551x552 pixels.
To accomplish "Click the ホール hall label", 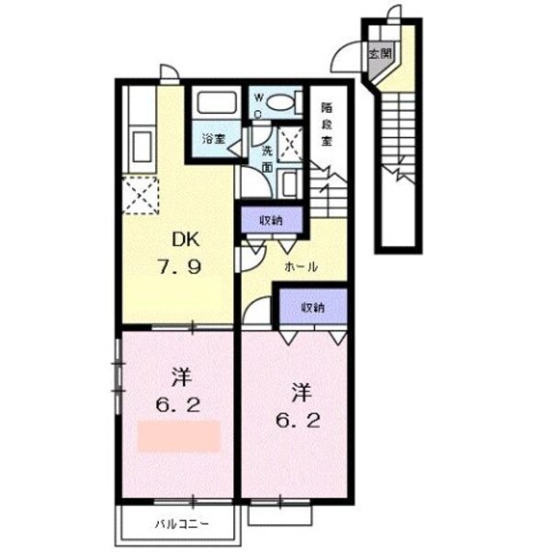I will [x=302, y=267].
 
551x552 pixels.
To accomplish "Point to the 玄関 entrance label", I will [x=379, y=53].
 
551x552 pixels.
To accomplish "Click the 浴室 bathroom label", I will [x=214, y=141].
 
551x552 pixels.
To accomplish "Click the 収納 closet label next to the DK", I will [x=270, y=220].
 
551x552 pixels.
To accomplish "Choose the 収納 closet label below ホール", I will [x=312, y=309].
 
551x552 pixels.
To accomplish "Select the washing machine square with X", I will [x=293, y=144].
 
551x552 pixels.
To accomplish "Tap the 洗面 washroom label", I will [x=267, y=158].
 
